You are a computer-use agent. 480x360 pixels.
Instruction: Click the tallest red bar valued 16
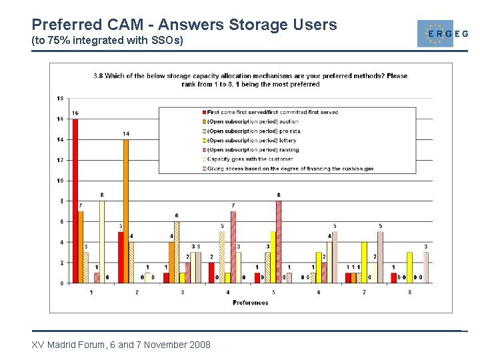coord(75,200)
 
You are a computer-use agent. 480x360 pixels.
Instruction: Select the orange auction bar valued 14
coord(126,211)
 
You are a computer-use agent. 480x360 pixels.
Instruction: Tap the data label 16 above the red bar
coord(75,113)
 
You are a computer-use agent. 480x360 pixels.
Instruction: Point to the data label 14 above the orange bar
coord(126,134)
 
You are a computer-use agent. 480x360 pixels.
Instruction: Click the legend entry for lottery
coord(252,141)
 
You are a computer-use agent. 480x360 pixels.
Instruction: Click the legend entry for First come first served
coord(272,112)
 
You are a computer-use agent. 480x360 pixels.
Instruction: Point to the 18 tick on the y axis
coord(60,99)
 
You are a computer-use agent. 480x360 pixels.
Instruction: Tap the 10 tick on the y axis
coord(60,181)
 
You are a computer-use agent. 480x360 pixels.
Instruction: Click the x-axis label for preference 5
coord(274,293)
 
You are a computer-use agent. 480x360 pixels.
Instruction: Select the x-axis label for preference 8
coord(410,293)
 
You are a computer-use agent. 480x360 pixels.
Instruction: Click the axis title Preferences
coord(251,303)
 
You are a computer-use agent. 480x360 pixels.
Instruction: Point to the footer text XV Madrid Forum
coord(121,345)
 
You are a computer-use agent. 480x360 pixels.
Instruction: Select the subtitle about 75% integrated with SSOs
coord(107,41)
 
